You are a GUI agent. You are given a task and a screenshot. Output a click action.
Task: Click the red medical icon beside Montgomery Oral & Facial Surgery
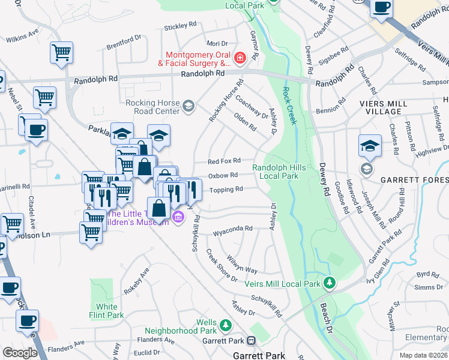[240, 58]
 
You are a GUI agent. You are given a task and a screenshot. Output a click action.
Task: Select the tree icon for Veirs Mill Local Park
[328, 282]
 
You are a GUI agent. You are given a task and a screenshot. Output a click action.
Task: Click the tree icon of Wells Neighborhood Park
[226, 325]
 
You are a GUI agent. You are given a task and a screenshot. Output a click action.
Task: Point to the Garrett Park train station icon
[251, 340]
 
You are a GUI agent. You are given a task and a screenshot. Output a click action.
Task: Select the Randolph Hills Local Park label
[275, 172]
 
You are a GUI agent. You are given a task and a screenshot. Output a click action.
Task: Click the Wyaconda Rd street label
[232, 229]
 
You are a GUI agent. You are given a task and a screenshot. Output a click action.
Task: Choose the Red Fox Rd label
[224, 161]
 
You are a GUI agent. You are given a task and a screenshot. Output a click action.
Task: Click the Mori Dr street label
[217, 43]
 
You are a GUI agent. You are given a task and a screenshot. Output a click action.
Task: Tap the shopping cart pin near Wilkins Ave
[61, 52]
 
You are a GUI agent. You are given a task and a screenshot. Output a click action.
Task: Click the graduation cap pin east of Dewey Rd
[370, 145]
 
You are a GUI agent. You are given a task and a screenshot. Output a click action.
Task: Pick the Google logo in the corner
[20, 353]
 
